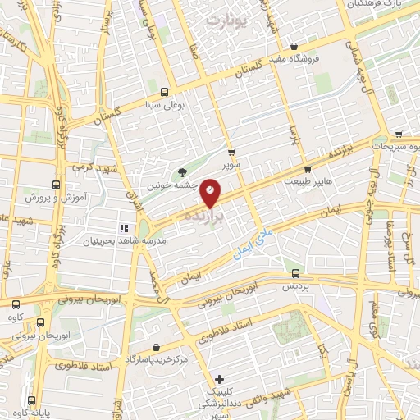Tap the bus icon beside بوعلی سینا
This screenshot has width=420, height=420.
[x=164, y=92]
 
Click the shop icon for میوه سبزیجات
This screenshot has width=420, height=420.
[x=399, y=135]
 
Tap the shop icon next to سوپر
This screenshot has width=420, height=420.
[x=231, y=152]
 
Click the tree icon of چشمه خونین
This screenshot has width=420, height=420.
[x=181, y=171]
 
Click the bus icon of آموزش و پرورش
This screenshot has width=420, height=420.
[x=56, y=185]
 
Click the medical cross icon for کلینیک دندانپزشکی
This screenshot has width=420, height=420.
[x=219, y=379]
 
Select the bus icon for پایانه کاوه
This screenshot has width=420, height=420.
[x=32, y=401]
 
